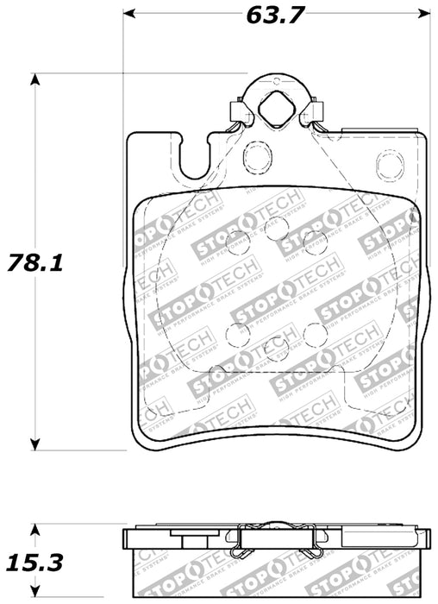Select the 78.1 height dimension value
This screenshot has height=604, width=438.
(35, 261)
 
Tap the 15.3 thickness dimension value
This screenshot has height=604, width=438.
(35, 563)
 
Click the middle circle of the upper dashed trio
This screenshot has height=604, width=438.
(275, 229)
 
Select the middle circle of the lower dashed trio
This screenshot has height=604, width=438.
(275, 348)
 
